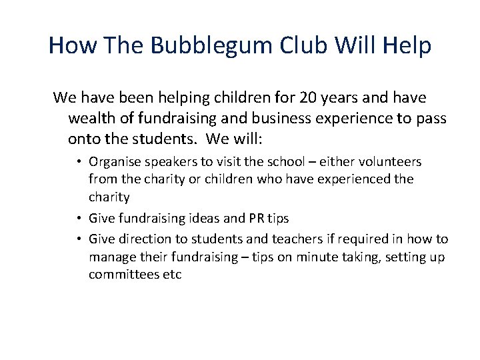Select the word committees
[x=123, y=275]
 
